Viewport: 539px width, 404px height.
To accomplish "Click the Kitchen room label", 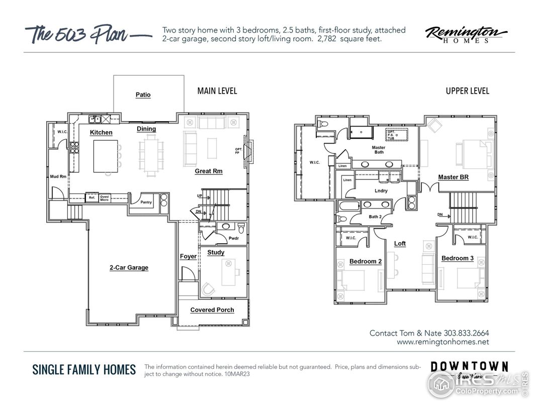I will coord(101,133).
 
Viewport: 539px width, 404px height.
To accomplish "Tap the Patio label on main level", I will coord(143,95).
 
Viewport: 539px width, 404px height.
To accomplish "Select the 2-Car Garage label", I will coord(129,268).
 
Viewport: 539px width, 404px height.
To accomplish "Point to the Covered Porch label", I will coord(212,310).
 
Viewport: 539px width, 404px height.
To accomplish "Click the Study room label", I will coord(216,253).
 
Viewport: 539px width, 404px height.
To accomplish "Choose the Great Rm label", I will coord(209,171).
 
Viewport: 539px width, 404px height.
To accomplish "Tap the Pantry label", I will coord(146,202).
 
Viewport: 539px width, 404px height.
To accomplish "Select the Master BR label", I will coord(453,177).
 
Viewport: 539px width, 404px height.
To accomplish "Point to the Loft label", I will coord(400,244).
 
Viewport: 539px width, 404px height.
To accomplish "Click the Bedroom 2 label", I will coord(366,262).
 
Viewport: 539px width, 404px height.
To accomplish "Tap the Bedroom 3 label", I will coord(457,259).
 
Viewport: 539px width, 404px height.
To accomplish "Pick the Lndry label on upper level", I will coord(381,191).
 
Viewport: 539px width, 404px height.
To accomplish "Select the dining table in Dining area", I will coord(151,154).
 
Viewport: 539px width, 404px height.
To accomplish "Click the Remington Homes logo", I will coord(466,35).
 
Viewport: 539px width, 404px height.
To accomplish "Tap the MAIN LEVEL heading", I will coord(217,91).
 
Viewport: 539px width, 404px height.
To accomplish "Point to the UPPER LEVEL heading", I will coord(467,91).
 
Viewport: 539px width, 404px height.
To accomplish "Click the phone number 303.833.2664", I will coord(466,333).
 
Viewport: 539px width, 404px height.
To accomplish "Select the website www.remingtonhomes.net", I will coord(442,342).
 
